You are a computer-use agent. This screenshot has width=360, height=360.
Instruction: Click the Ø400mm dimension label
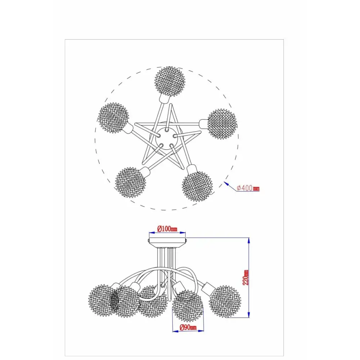(248, 188)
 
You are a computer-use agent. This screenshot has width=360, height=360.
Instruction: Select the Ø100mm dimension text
(167, 229)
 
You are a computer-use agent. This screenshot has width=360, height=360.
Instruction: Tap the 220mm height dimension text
(246, 277)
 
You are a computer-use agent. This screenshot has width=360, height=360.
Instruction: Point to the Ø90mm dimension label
(188, 327)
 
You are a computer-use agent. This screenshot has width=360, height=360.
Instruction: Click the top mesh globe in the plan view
(170, 80)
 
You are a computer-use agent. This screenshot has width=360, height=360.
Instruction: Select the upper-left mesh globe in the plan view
(113, 118)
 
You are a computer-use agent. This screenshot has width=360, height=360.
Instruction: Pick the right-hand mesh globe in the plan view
(222, 124)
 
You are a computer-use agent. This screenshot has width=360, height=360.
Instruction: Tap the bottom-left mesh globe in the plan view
(130, 182)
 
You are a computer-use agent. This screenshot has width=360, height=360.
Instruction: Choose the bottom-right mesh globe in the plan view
(197, 186)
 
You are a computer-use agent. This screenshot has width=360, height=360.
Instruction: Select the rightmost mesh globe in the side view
(225, 302)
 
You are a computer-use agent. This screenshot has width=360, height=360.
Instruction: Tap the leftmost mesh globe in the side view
(103, 301)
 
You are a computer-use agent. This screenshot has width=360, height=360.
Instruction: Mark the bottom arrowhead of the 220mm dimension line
(249, 315)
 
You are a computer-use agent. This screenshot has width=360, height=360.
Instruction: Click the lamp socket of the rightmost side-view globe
(208, 287)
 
